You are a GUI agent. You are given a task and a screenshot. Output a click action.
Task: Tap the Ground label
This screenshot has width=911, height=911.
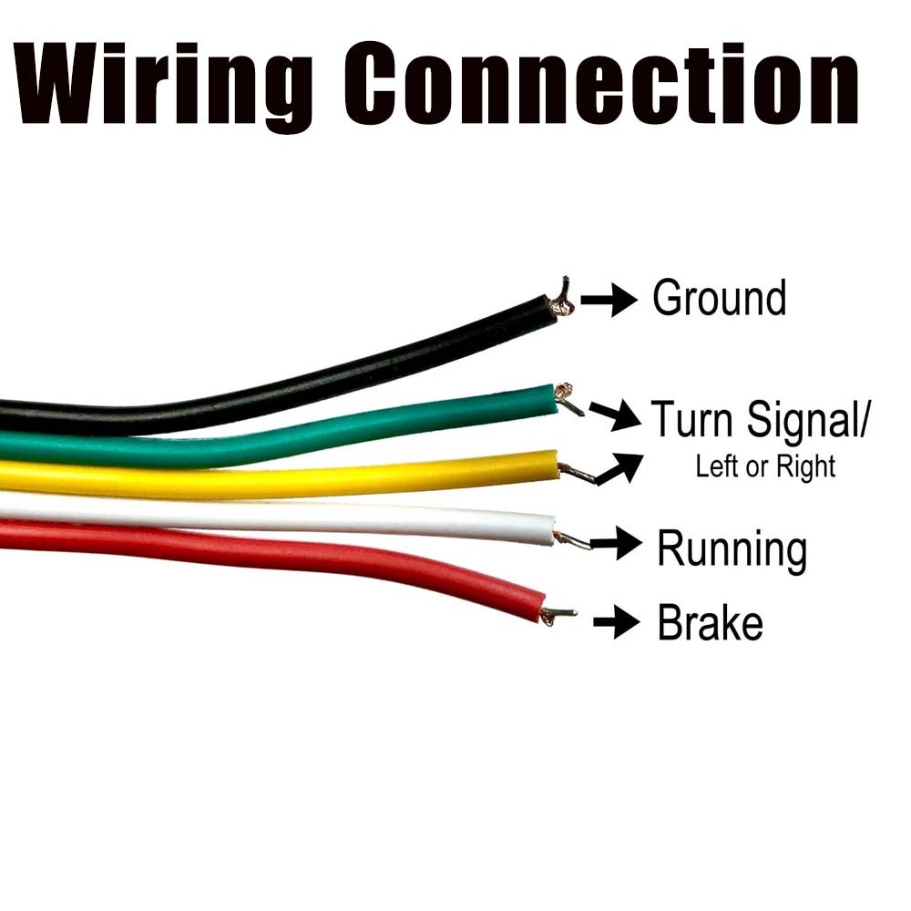point(719,299)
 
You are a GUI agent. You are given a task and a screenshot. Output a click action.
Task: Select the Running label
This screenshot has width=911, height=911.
point(732,549)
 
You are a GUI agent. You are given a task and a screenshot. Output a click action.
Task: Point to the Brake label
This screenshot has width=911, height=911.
point(710,624)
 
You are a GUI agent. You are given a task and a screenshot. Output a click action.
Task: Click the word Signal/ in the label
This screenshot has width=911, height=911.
point(809,421)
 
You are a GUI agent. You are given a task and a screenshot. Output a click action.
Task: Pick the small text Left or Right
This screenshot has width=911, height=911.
point(765,466)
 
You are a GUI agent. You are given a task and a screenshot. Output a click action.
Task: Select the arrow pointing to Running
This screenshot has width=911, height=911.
point(617,545)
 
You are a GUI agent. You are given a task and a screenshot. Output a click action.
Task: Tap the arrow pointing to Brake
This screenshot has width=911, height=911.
point(616,624)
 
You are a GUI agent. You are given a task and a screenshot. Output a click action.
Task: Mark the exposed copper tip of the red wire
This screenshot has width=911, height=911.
point(558,615)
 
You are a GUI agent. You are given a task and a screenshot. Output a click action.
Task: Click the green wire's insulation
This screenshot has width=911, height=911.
point(364,428)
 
